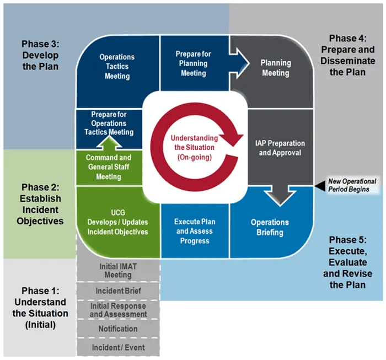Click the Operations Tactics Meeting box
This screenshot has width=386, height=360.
coord(117,67)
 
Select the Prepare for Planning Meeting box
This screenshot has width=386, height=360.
coord(194,63)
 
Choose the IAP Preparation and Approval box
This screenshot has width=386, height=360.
coord(280,148)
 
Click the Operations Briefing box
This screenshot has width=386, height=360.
coord(270,227)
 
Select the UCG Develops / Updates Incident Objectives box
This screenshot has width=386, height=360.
coord(117,222)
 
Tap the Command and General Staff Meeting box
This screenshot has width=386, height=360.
coord(109,167)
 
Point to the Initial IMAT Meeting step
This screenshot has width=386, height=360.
coord(118,271)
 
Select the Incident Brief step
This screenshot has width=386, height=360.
coord(118,291)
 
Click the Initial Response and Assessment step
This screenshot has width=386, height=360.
coord(118,310)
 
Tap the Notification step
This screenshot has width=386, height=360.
coord(118,329)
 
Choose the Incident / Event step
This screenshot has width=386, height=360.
coord(118,348)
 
